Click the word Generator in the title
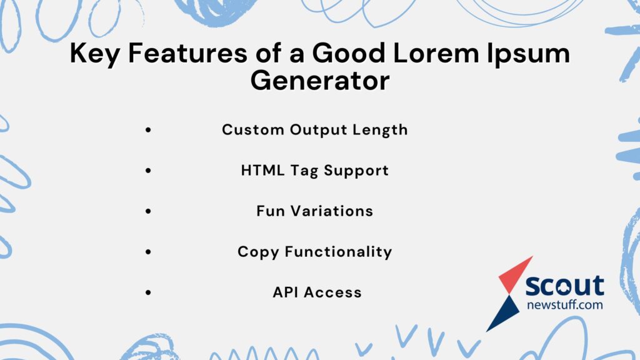click(x=319, y=81)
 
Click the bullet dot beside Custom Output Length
click(x=148, y=131)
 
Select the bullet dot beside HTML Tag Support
click(x=148, y=171)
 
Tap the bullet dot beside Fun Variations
click(x=148, y=212)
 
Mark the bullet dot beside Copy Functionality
click(x=148, y=252)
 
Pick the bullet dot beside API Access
click(x=148, y=292)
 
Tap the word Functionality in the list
click(x=338, y=252)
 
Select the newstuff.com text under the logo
click(x=564, y=304)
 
